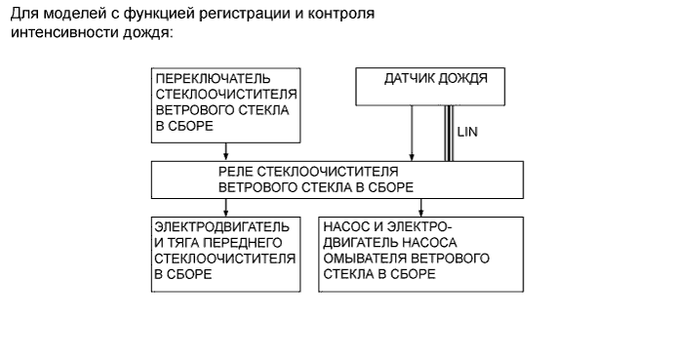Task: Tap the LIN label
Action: pos(467,132)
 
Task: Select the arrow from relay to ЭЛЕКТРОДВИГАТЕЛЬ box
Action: pos(226,207)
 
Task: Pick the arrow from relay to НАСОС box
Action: pos(421,207)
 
